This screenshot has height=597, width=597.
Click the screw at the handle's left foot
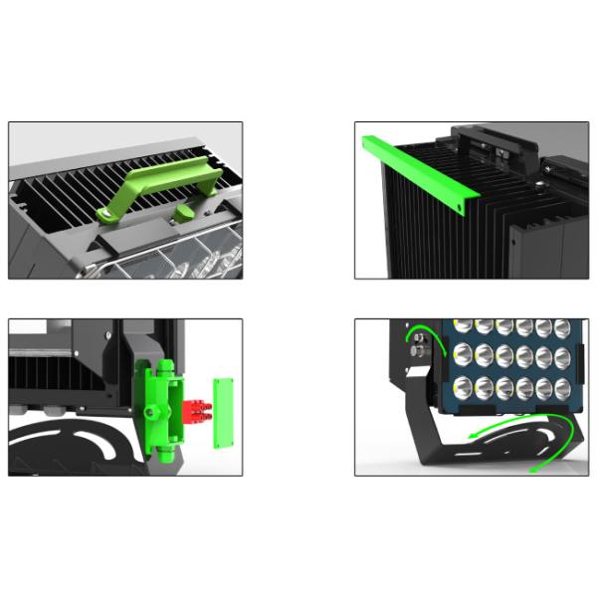coord(103,212)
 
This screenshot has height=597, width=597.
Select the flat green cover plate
coord(225,407)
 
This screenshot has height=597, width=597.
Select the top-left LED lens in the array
coord(463,325)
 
